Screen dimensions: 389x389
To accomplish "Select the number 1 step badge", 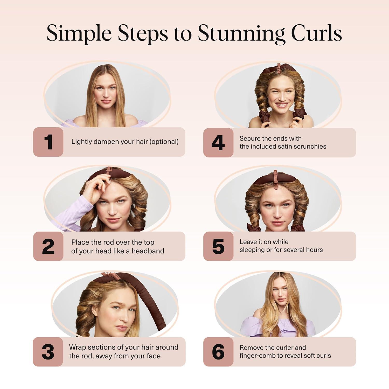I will click(48, 142).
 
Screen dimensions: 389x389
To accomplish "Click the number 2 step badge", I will click(48, 246).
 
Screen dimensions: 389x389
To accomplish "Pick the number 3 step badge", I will click(48, 352).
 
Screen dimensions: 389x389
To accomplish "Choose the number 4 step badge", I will click(218, 143).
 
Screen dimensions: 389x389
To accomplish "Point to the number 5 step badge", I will click(218, 246).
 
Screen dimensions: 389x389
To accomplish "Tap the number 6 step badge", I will click(218, 352).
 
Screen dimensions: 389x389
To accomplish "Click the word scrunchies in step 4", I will click(310, 147).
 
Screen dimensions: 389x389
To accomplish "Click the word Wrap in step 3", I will click(77, 347).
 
